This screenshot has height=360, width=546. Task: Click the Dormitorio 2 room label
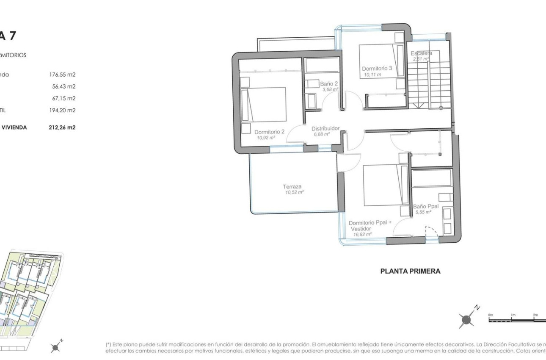tap(270, 132)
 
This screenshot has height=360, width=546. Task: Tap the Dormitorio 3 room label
tap(377, 68)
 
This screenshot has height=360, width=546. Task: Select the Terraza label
tap(292, 186)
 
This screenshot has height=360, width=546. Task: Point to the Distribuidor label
tap(325, 128)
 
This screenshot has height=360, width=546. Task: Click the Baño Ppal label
tap(425, 206)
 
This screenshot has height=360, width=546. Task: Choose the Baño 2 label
tap(329, 84)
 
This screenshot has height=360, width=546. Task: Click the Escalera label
tap(421, 53)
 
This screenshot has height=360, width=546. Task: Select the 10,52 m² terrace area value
tap(295, 192)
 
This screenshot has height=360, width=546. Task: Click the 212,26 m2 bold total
tap(62, 127)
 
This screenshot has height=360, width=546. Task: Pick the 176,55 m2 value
tap(62, 75)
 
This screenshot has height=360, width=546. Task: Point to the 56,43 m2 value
tap(63, 86)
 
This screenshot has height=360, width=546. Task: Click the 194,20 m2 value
tap(62, 110)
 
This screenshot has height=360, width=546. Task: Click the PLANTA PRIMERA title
tap(410, 271)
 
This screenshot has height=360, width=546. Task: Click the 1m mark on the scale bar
tap(513, 315)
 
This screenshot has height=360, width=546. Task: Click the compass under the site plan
tap(55, 347)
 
